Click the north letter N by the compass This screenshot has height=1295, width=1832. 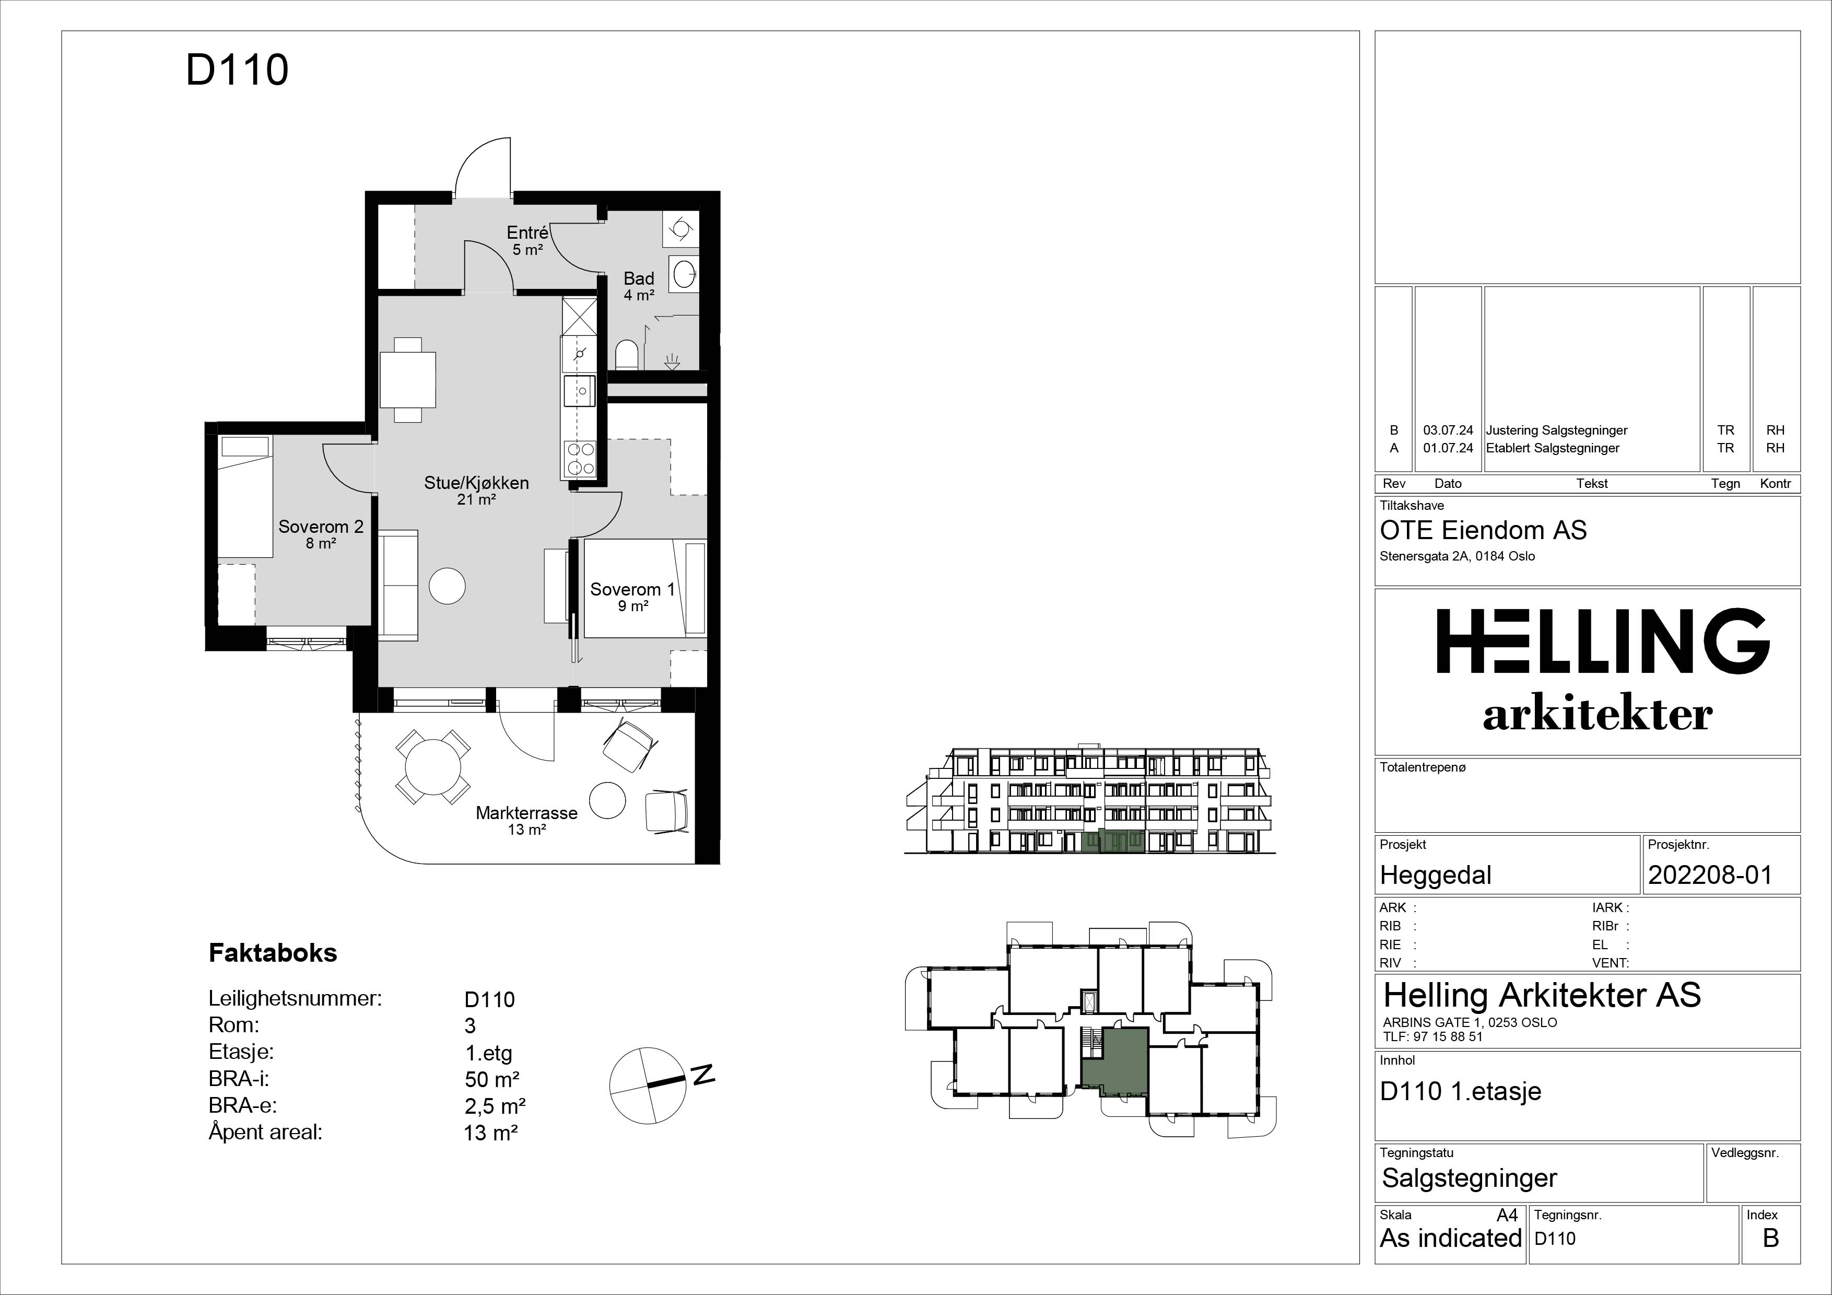point(702,1074)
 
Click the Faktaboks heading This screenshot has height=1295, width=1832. point(273,953)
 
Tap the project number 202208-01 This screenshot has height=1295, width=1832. point(1710,876)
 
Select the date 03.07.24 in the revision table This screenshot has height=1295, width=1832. point(1448,430)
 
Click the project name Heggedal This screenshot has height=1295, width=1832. point(1436,876)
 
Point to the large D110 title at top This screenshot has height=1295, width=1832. point(237,69)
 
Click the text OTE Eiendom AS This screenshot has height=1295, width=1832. point(1483,531)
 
